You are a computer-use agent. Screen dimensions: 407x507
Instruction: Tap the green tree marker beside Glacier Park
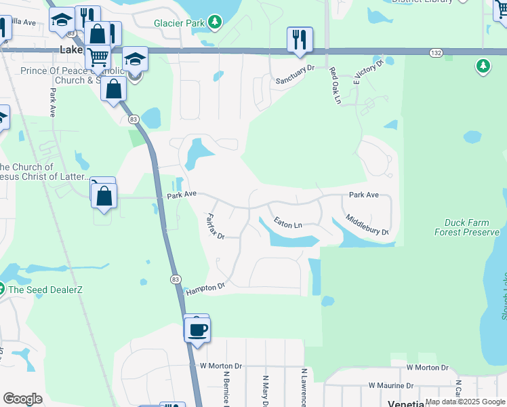(215, 22)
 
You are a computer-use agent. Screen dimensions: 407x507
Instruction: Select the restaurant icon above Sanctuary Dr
(300, 40)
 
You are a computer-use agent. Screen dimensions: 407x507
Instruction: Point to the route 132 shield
(437, 52)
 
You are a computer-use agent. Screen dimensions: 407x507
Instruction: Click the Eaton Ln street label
(287, 222)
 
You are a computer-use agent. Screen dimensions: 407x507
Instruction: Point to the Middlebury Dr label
(367, 225)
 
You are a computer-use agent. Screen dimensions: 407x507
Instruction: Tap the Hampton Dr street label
(203, 288)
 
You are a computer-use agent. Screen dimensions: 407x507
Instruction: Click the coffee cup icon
(197, 330)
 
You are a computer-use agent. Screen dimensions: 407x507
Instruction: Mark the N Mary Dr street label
(265, 391)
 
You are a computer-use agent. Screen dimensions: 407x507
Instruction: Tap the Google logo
(22, 399)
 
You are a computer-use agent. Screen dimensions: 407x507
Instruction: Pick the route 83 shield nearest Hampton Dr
(176, 279)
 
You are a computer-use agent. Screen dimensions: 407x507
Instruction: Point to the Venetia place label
(405, 403)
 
